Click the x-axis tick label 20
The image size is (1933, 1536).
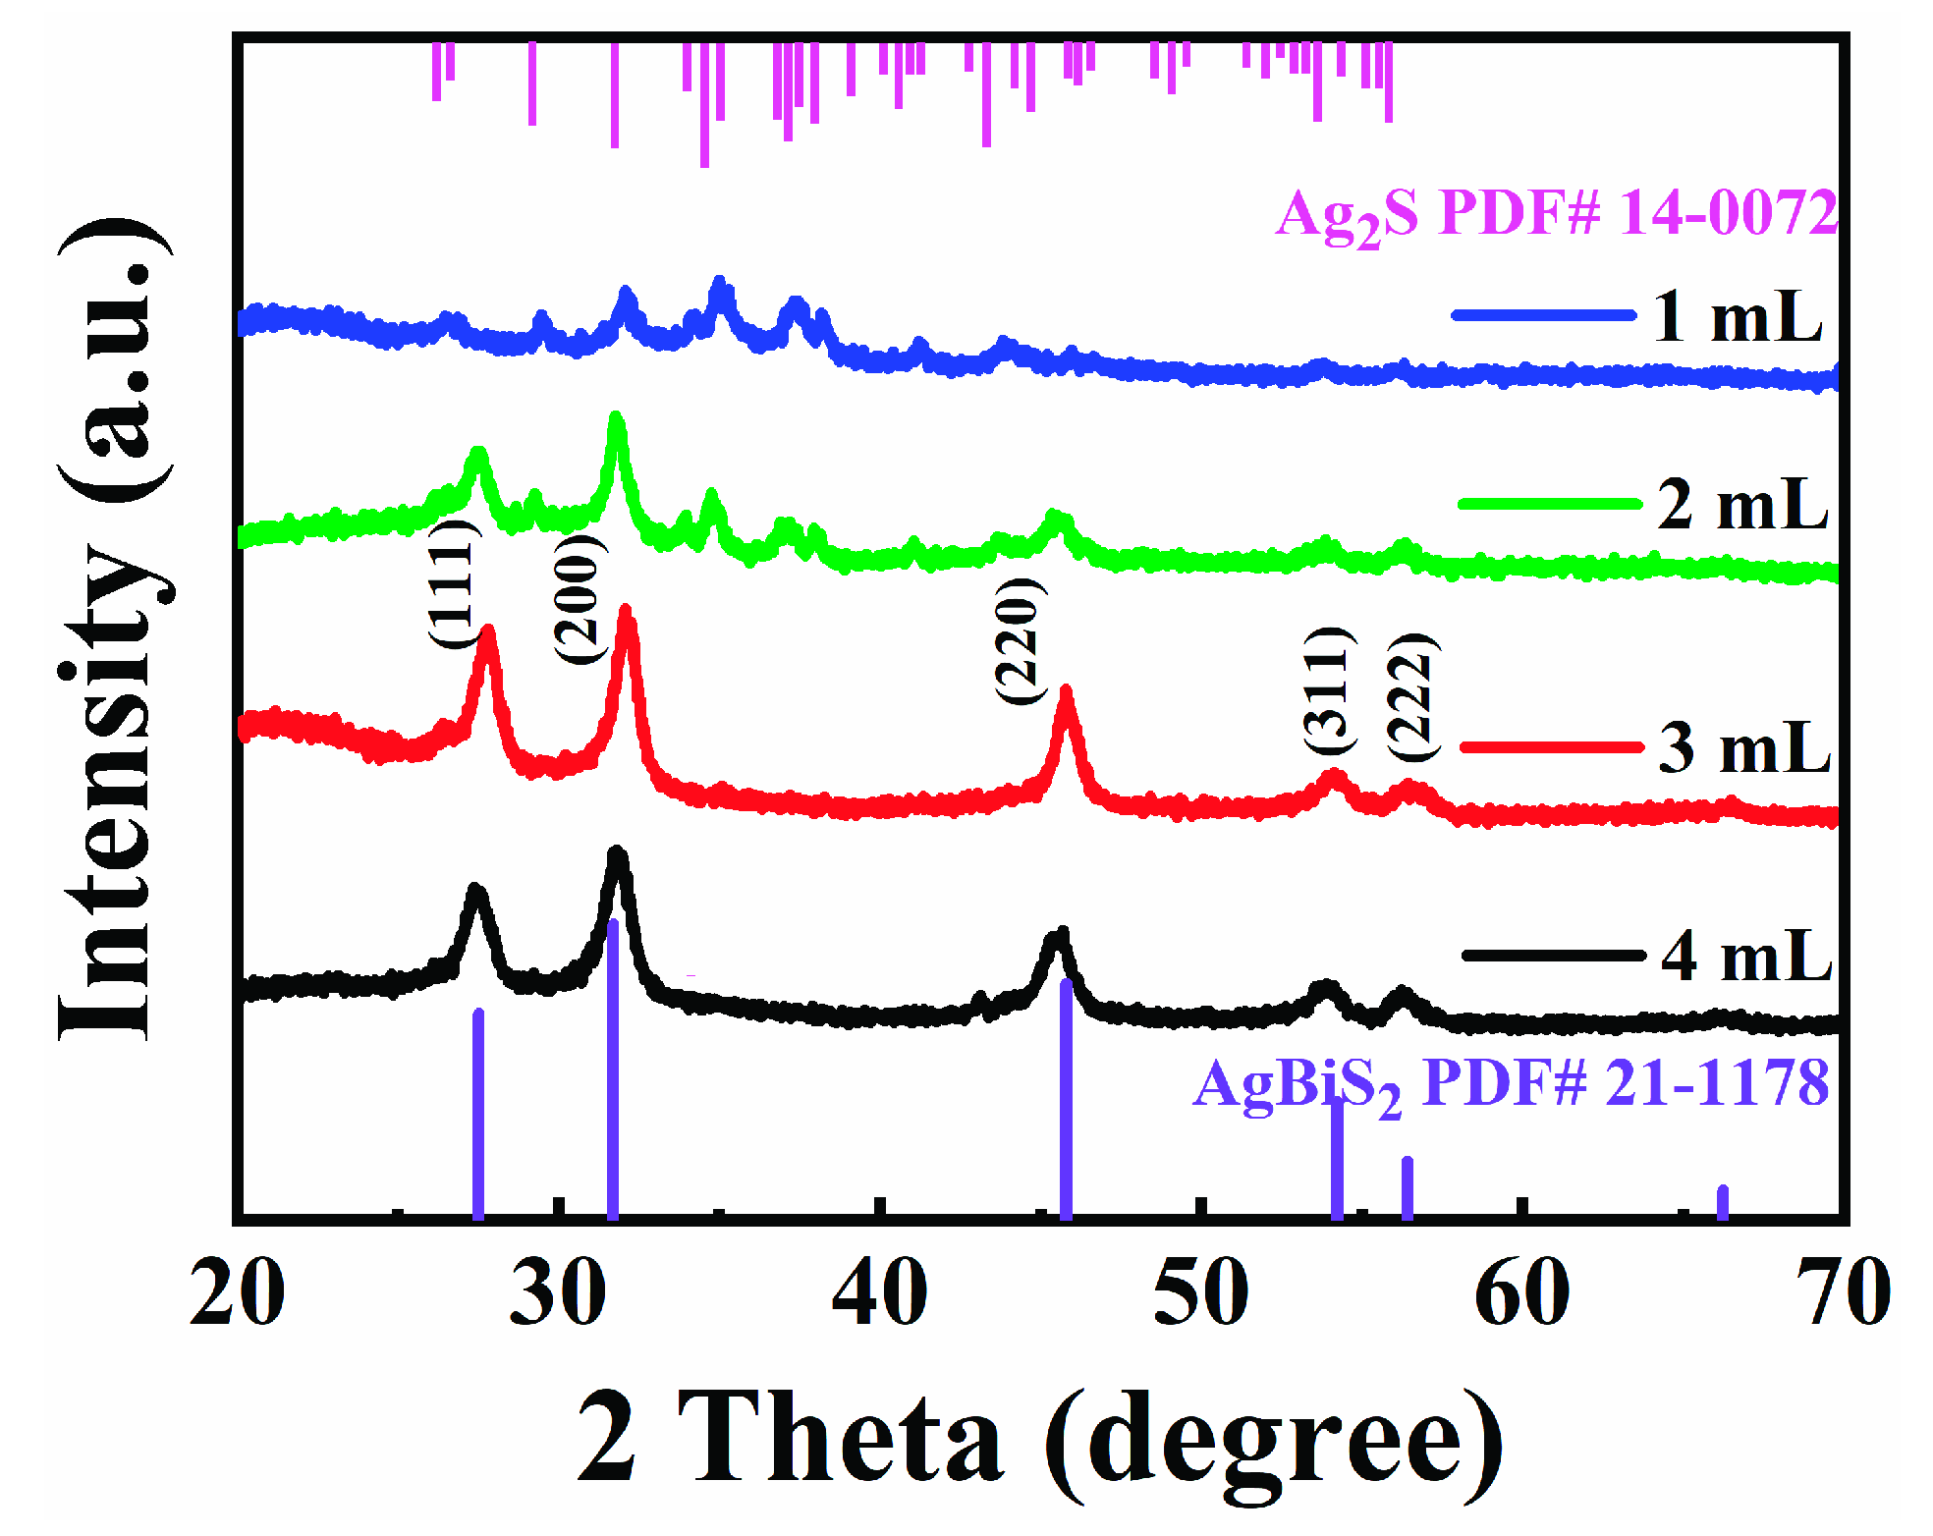[237, 1293]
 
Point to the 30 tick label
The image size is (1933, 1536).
[558, 1293]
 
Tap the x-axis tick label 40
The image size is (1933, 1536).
[879, 1293]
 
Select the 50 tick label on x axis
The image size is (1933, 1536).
[1200, 1293]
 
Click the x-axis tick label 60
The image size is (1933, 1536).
[1521, 1293]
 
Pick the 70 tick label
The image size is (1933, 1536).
[1843, 1293]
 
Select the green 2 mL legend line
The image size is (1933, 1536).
[1549, 504]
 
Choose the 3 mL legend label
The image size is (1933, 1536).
[1744, 748]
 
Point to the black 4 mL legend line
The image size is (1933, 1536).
[1552, 955]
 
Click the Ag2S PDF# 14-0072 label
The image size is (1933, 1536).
[1556, 214]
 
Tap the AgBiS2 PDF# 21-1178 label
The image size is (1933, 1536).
[1510, 1084]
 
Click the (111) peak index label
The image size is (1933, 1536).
[453, 583]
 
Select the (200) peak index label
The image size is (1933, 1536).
[580, 599]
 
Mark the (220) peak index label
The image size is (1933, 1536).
[1019, 640]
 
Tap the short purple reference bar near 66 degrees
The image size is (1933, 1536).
[1722, 1202]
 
